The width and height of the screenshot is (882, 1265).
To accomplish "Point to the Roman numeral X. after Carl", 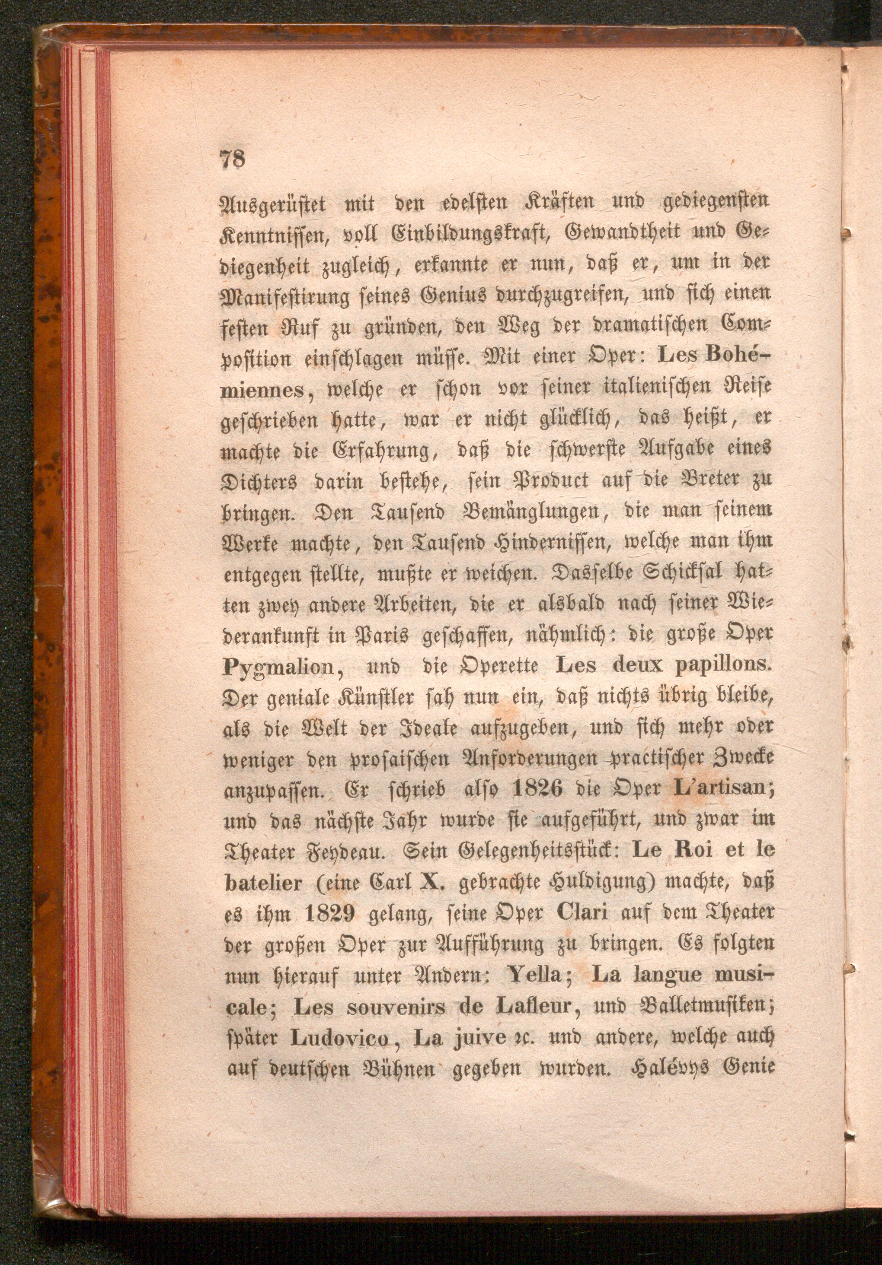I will click(431, 881).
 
